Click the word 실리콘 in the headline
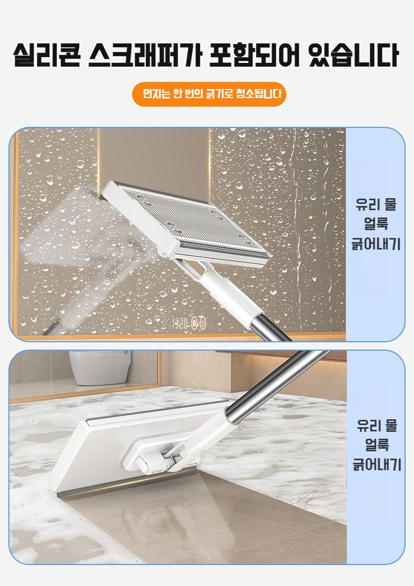pyautogui.click(x=47, y=55)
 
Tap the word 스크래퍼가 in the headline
pyautogui.click(x=145, y=55)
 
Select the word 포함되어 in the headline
pyautogui.click(x=255, y=55)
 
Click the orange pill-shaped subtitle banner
pyautogui.click(x=209, y=94)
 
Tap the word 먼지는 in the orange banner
pyautogui.click(x=157, y=94)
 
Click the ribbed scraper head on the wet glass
pyautogui.click(x=186, y=223)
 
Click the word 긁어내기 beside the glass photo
pyautogui.click(x=376, y=244)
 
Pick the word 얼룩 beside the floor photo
pyautogui.click(x=377, y=444)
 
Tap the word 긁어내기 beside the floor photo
pyautogui.click(x=377, y=465)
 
